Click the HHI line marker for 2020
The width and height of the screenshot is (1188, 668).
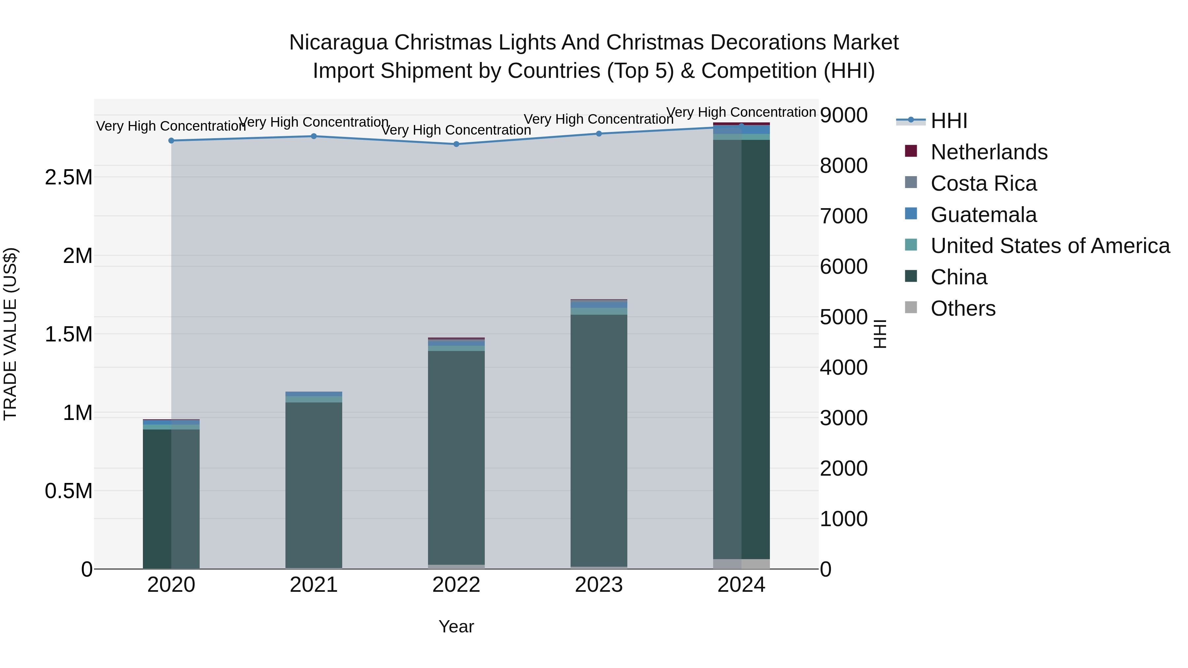(171, 141)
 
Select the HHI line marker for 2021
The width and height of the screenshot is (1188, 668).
(313, 136)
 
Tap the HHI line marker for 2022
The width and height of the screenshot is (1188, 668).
(456, 144)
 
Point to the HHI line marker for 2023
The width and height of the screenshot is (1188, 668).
(599, 134)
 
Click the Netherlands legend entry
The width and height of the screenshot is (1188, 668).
(989, 152)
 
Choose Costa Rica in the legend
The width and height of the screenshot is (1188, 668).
(983, 183)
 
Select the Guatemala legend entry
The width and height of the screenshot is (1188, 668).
(983, 215)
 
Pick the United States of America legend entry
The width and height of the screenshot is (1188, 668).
(1050, 246)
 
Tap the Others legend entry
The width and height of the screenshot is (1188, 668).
(963, 308)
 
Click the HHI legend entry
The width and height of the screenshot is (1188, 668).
(949, 121)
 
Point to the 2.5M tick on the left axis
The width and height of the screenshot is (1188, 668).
(68, 177)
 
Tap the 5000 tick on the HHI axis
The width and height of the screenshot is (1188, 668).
(843, 317)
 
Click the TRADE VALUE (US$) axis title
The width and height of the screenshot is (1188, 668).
(10, 334)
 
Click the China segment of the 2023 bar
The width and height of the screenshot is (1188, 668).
(599, 438)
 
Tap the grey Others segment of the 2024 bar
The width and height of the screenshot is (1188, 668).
(741, 564)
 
